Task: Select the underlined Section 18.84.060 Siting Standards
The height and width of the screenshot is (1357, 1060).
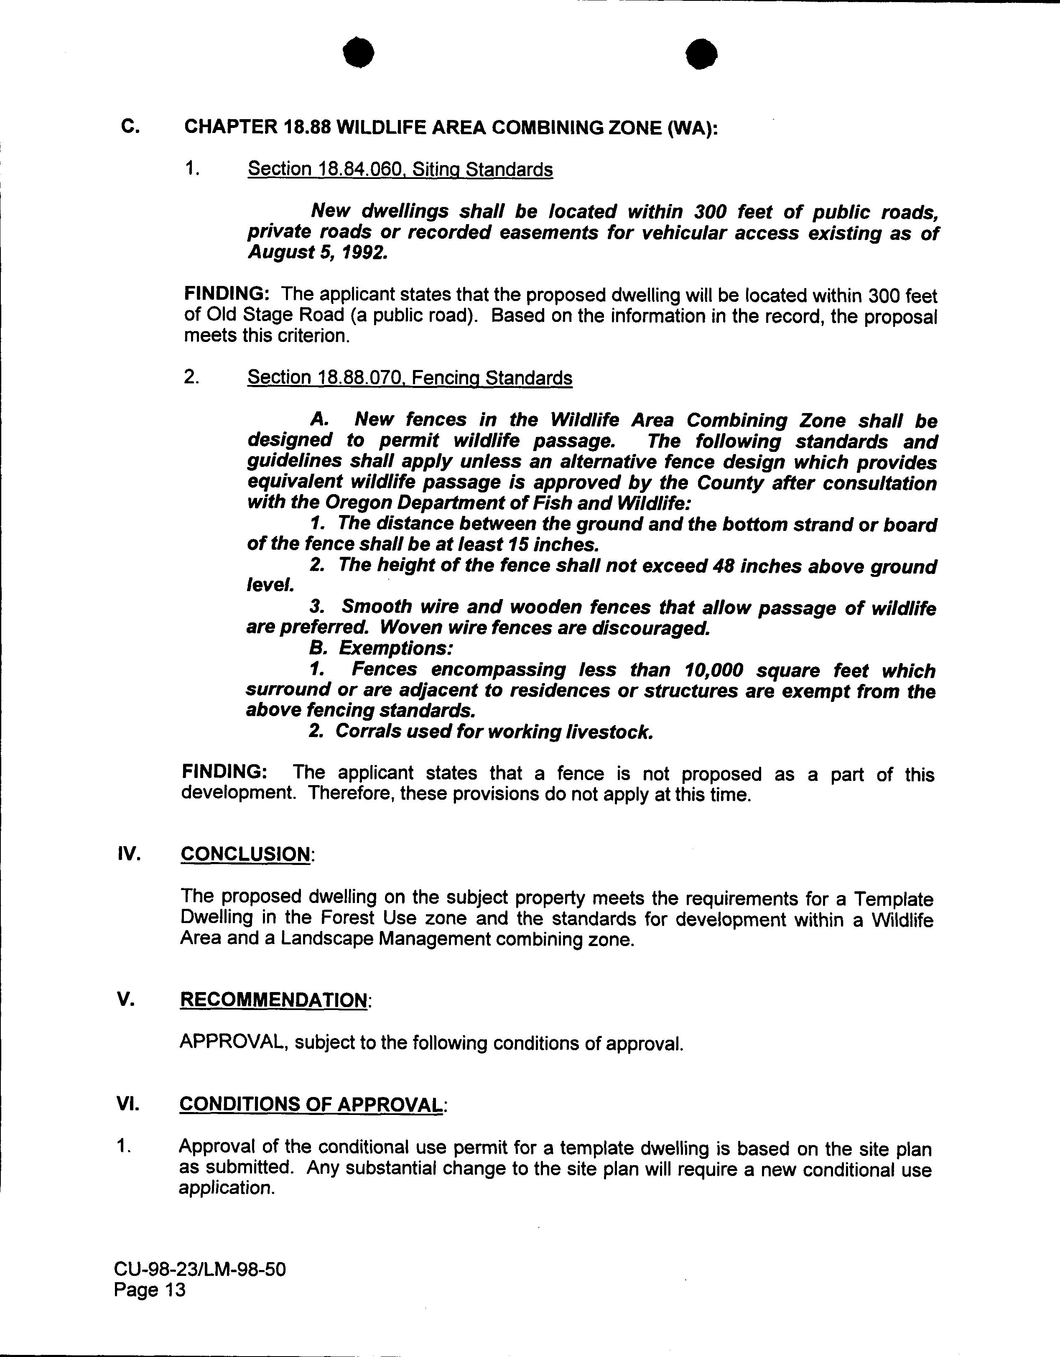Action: pyautogui.click(x=400, y=170)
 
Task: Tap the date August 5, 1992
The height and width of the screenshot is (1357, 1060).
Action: pyautogui.click(x=318, y=253)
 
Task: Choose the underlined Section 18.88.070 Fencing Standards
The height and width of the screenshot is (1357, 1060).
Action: pyautogui.click(x=410, y=378)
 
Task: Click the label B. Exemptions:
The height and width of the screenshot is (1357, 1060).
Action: pyautogui.click(x=381, y=649)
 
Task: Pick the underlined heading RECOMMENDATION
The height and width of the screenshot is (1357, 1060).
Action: pyautogui.click(x=273, y=1000)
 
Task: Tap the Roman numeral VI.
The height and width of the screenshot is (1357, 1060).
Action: pyautogui.click(x=128, y=1104)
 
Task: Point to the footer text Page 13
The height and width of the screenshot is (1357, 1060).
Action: pyautogui.click(x=150, y=1291)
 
